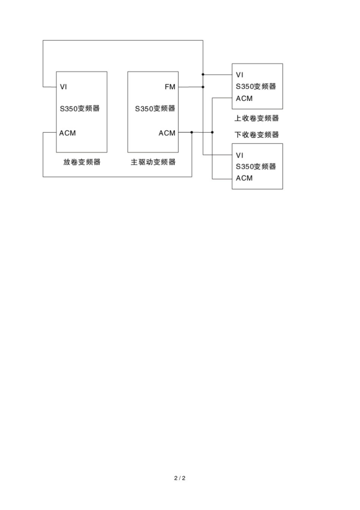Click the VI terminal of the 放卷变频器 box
point(63,87)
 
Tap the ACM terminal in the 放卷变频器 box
point(67,133)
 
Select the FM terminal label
point(170,87)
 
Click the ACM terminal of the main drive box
point(167,133)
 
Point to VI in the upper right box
point(239,75)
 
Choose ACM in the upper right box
point(244,99)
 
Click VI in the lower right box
point(239,155)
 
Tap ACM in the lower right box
point(244,178)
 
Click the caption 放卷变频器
point(82,162)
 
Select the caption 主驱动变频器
point(153,162)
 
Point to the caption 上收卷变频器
point(257,118)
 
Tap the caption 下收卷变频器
point(257,135)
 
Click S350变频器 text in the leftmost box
point(80,108)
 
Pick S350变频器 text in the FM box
point(155,108)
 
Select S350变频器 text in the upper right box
point(256,86)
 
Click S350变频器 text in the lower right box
point(256,166)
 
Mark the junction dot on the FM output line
point(203,87)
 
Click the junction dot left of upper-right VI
point(203,74)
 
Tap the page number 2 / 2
point(180,478)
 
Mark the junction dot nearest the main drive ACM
point(192,132)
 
